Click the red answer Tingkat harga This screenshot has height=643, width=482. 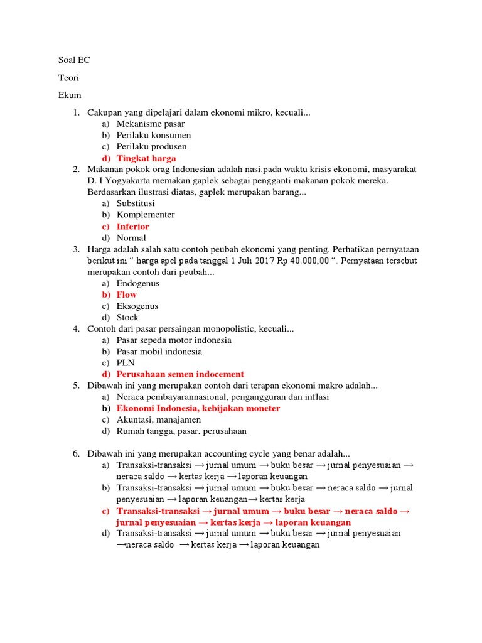click(x=146, y=158)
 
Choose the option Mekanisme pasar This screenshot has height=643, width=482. click(x=151, y=124)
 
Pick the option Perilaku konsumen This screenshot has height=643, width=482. click(x=154, y=135)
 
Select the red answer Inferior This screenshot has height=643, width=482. click(x=133, y=226)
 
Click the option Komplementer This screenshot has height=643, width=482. click(x=146, y=215)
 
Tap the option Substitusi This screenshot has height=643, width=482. click(x=136, y=203)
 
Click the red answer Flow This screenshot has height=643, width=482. click(x=127, y=294)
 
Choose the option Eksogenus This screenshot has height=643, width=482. click(x=137, y=306)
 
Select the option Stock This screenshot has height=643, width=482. click(x=127, y=318)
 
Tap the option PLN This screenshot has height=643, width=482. click(x=126, y=363)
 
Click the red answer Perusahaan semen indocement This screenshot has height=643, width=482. click(x=180, y=374)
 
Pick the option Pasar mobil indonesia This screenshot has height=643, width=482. click(x=159, y=352)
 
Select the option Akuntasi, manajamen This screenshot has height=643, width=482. click(x=159, y=419)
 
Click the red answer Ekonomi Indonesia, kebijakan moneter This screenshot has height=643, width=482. click(x=198, y=408)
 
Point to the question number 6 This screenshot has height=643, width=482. click(x=76, y=453)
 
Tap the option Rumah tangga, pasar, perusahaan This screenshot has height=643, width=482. click(x=181, y=431)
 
